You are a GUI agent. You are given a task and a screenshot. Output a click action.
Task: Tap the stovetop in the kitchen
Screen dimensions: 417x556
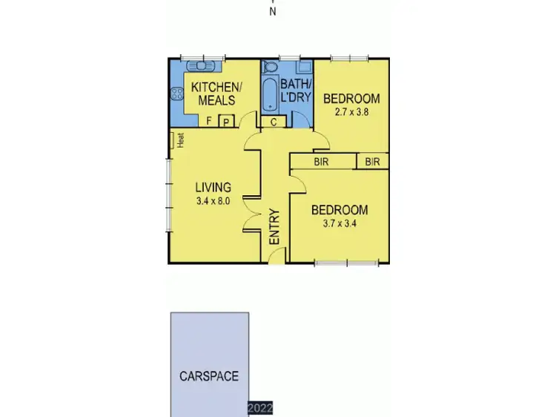click(x=177, y=94)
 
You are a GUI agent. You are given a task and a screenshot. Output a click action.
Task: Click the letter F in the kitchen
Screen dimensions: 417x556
click(x=210, y=122)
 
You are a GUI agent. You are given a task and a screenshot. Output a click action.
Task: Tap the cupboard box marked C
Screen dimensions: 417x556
click(x=273, y=122)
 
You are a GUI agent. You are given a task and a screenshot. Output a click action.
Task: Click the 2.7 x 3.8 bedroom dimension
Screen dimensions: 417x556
click(x=351, y=112)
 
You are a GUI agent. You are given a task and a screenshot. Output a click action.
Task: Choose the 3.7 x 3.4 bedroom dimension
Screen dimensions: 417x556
click(x=339, y=224)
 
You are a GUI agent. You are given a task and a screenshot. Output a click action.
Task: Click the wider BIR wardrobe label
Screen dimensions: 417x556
click(x=322, y=162)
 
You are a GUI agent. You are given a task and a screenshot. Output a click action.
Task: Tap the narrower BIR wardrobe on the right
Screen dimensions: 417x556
click(x=373, y=162)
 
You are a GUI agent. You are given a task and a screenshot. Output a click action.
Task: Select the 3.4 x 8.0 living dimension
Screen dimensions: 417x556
click(x=213, y=200)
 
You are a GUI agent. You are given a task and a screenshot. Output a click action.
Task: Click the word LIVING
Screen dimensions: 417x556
click(x=213, y=187)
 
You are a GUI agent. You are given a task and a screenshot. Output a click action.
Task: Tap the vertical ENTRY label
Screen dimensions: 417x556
click(x=274, y=226)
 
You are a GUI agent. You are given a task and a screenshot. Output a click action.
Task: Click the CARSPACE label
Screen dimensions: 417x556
click(x=209, y=376)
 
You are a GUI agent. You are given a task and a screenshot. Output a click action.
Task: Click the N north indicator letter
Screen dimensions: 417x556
click(x=273, y=11)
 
